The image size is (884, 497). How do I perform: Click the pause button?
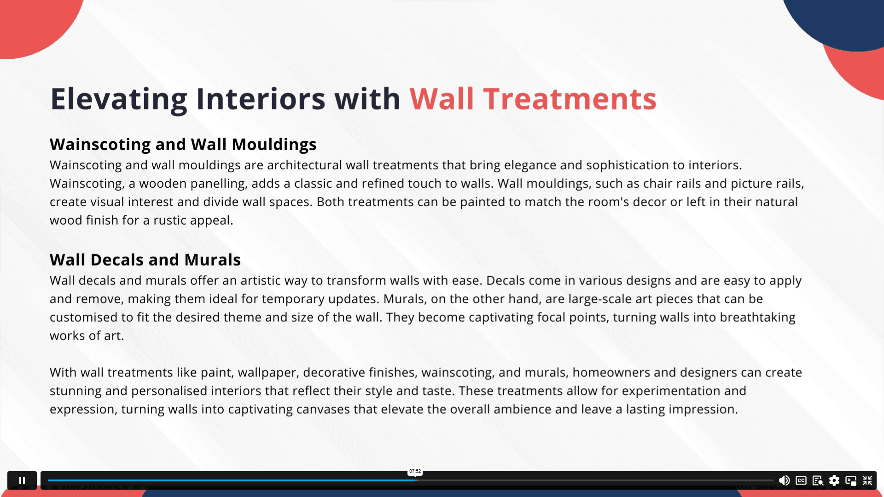coord(22,480)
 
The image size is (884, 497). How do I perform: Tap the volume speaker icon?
coord(784,480)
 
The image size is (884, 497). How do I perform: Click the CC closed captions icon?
coord(801,480)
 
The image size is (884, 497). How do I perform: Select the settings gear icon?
coord(834,480)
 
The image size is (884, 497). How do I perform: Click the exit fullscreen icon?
coord(867,480)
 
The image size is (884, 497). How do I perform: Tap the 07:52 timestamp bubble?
coord(415,471)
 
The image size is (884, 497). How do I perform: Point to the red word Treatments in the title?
coord(570,99)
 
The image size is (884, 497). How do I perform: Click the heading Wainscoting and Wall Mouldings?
coord(183,144)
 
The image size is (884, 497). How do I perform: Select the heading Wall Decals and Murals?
coord(145,260)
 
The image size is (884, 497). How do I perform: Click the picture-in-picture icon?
coord(851,480)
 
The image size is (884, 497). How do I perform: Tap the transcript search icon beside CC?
coord(818,480)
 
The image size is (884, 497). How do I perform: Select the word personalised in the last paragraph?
coord(169,391)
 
